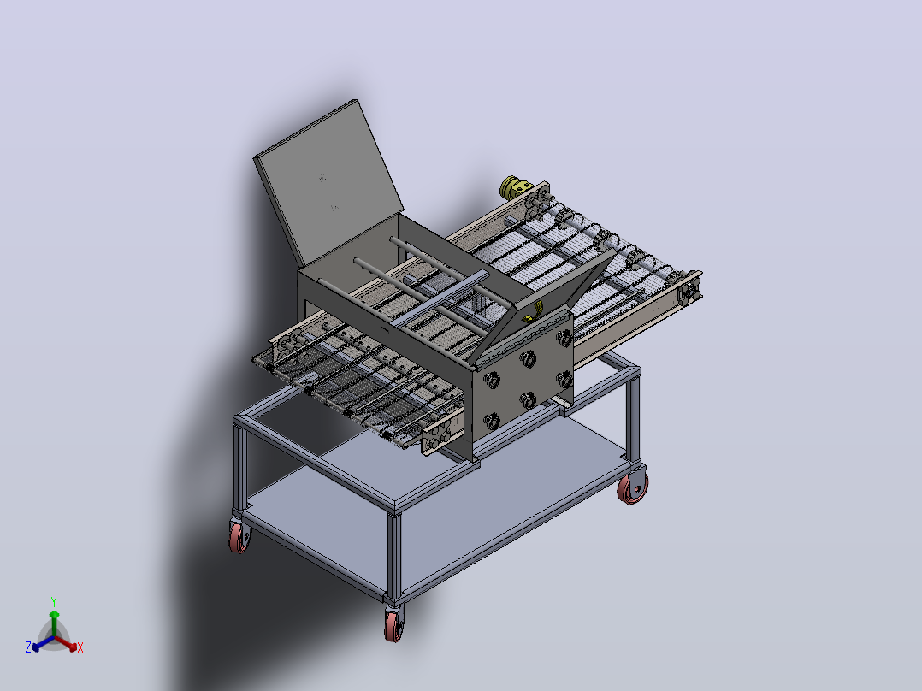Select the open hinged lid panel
pos(328,181)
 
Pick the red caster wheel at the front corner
pos(394,624)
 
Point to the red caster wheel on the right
pos(633,487)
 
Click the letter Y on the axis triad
pos(54,601)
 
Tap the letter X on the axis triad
pos(80,647)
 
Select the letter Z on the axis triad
pos(27,647)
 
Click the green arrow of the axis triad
pos(54,623)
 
